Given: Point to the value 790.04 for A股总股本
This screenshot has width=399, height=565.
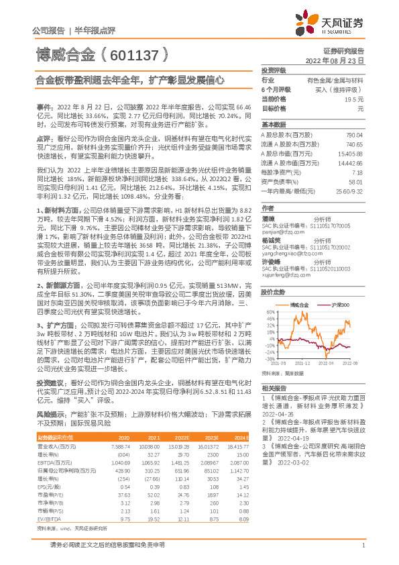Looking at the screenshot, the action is [354, 135].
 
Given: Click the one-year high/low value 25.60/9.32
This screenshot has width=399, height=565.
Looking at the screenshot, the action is [349, 191].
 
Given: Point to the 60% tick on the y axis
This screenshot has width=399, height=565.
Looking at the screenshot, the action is [269, 311].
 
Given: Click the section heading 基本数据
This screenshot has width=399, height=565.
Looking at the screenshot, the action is [273, 125].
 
